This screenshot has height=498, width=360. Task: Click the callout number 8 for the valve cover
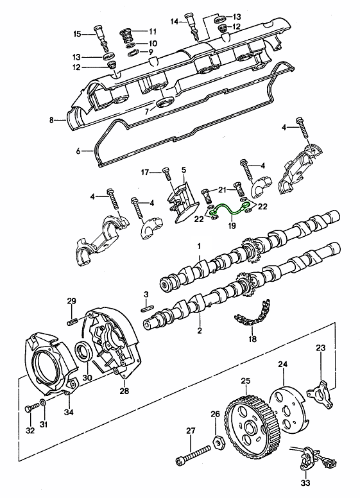pos(51,120)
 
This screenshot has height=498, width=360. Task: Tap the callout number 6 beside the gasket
pos(78,151)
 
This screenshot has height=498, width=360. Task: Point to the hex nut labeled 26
pos(218,442)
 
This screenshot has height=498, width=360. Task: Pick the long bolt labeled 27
pos(193,454)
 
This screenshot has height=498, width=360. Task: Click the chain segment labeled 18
pos(253,313)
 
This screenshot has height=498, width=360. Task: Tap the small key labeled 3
pos(147,308)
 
